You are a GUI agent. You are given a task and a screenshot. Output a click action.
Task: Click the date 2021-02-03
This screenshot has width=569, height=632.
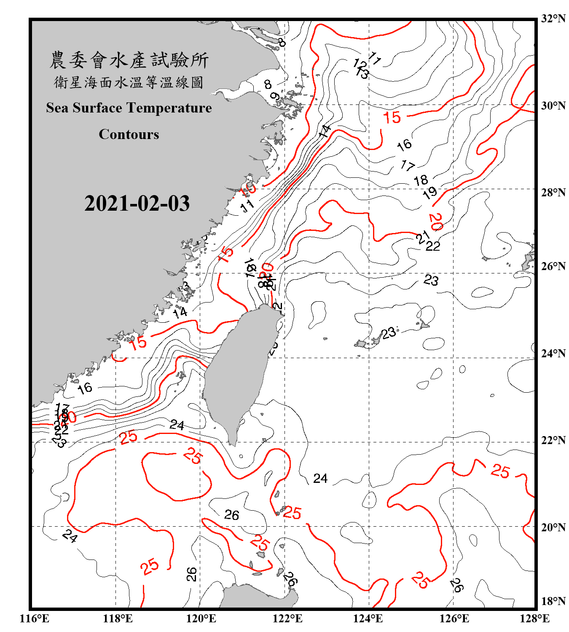click(x=137, y=204)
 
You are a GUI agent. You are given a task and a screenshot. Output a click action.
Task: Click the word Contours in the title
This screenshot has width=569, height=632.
click(x=129, y=134)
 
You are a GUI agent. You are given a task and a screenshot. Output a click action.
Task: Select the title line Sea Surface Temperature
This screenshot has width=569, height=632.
click(x=129, y=108)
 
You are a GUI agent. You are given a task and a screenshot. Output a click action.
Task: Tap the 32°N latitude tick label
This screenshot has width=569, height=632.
click(x=553, y=19)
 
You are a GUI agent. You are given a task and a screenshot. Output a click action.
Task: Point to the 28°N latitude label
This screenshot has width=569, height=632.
click(x=553, y=193)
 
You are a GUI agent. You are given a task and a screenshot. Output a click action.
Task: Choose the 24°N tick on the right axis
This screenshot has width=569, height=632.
click(x=553, y=353)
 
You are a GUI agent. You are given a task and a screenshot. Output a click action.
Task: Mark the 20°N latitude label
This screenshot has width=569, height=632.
click(x=553, y=527)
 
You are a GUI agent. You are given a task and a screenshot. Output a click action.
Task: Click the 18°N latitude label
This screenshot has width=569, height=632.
click(x=553, y=601)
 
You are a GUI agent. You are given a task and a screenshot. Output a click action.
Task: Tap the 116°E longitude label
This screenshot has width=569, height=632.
click(x=35, y=619)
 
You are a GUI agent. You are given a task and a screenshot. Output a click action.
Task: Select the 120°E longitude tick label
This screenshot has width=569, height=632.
click(x=201, y=619)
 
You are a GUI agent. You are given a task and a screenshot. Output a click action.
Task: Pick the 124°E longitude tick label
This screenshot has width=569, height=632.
click(x=368, y=619)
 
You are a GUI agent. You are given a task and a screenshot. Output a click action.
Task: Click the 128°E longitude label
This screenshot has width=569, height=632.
click(x=534, y=619)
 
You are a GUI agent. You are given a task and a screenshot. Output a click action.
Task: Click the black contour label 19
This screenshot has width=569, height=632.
click(x=430, y=193)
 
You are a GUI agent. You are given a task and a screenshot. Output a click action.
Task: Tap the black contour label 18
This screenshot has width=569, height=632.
click(x=421, y=181)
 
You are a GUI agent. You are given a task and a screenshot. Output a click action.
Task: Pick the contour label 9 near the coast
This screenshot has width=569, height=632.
click(x=274, y=97)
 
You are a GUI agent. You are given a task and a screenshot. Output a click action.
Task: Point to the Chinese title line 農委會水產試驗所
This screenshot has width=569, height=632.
click(x=129, y=60)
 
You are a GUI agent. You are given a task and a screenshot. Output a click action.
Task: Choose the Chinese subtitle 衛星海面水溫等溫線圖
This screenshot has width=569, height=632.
click(x=129, y=82)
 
